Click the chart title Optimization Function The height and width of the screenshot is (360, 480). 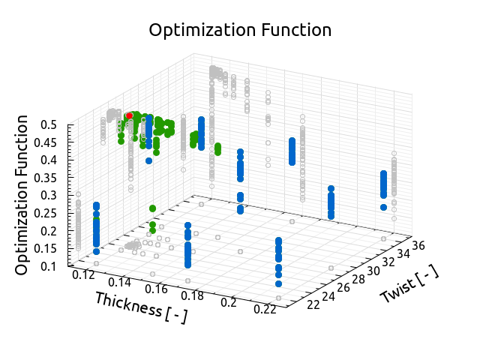240,31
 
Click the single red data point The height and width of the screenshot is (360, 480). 129,115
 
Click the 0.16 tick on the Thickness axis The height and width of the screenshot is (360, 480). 156,288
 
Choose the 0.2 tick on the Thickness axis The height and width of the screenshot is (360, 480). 229,301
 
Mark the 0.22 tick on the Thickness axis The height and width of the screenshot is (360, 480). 264,308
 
